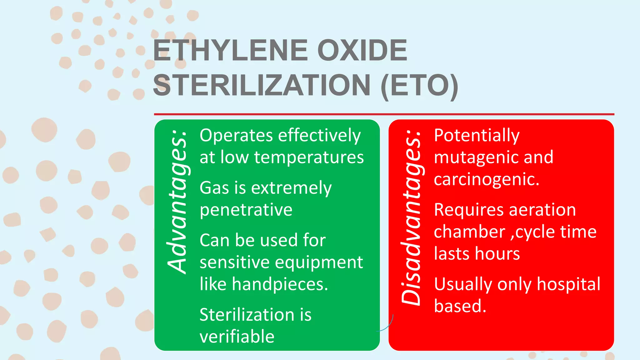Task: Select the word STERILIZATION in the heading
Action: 262,85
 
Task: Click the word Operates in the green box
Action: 237,136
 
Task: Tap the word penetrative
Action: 246,210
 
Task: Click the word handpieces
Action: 280,284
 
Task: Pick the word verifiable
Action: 237,337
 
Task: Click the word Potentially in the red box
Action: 477,136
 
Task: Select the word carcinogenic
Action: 486,179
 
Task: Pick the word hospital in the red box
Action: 568,284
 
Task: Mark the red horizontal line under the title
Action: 384,114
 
